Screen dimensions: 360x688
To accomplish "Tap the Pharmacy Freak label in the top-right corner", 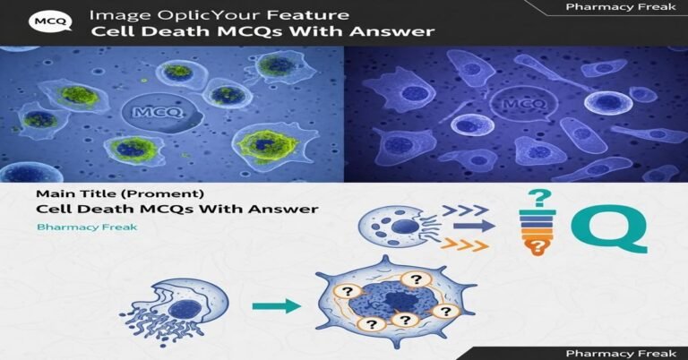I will point(608,7).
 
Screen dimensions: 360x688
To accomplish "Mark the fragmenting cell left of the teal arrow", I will point(174,305).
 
